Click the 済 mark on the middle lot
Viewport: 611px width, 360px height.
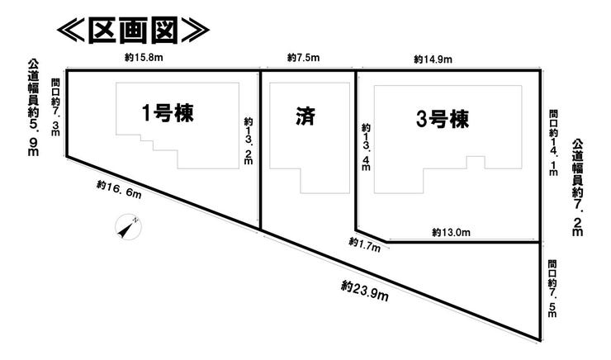304,116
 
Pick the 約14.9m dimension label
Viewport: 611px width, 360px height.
432,59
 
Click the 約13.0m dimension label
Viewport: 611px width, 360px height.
451,233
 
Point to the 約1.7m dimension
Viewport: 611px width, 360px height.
364,243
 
